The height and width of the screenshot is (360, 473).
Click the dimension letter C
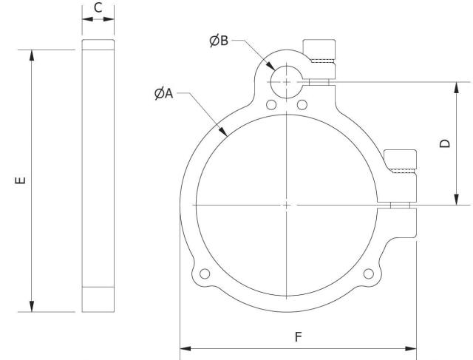pos(98,10)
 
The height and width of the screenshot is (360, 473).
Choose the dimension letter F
pos(298,336)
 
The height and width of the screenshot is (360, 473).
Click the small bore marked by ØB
pos(285,78)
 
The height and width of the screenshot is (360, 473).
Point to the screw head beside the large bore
pos(403,157)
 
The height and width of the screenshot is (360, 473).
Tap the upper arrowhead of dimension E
pos(31,54)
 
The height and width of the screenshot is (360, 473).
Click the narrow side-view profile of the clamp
pos(98,177)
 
